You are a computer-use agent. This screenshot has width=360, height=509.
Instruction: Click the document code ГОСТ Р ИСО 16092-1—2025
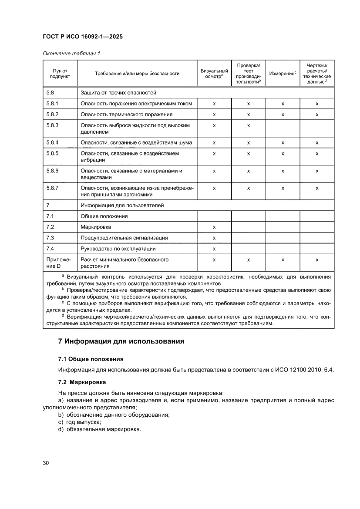tap(83, 37)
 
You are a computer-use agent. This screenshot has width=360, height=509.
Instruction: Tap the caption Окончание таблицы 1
tap(71, 54)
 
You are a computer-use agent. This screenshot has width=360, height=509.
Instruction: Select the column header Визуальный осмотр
tap(214, 73)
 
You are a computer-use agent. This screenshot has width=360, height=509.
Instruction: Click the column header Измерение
tap(282, 73)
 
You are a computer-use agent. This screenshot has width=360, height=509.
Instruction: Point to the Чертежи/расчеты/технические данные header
tap(317, 73)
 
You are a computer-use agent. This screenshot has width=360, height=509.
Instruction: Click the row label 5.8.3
tap(52, 125)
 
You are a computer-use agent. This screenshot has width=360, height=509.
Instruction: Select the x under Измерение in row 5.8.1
tap(283, 104)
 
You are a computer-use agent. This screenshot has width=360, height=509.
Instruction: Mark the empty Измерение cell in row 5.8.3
tap(283, 128)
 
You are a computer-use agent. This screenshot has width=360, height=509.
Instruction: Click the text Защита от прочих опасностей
tap(118, 93)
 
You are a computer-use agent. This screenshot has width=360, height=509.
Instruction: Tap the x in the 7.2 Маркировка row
tap(214, 227)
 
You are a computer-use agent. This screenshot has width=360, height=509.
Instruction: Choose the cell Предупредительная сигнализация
tap(124, 238)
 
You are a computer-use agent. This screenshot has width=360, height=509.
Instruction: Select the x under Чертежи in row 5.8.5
tap(317, 154)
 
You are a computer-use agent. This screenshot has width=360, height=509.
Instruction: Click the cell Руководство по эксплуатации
tap(118, 249)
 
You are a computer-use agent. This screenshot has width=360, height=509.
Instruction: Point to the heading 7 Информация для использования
tap(121, 342)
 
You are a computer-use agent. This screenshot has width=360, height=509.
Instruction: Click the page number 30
tap(46, 462)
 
